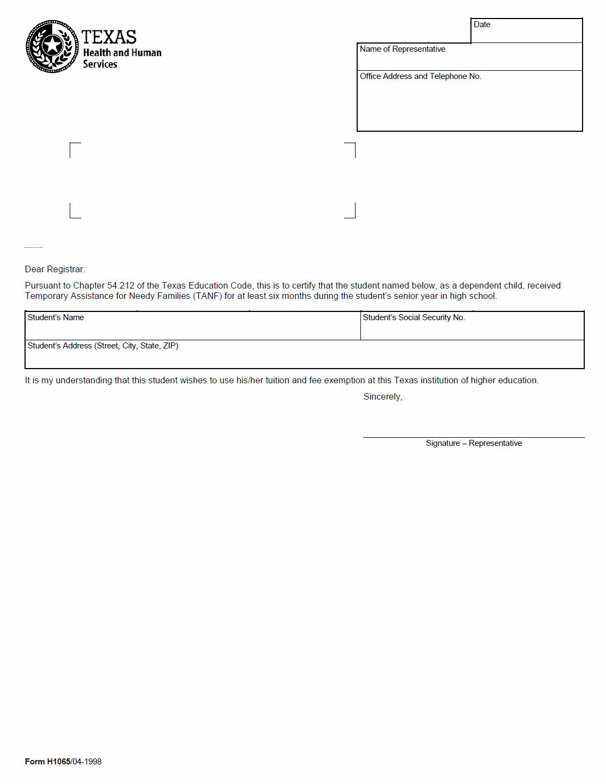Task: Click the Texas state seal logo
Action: coord(52,46)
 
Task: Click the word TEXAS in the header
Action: coord(109,37)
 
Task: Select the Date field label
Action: coord(482,24)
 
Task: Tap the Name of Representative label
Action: coord(402,49)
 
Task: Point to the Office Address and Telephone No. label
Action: coord(420,76)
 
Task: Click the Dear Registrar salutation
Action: coord(55,269)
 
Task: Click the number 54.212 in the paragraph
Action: coord(121,285)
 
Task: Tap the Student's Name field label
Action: coord(56,317)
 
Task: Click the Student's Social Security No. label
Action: coord(414,317)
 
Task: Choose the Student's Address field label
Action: coord(103,346)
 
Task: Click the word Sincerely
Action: coord(383,397)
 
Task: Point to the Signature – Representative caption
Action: coord(474,443)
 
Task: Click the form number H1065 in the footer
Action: coord(58,762)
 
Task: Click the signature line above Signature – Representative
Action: coord(474,437)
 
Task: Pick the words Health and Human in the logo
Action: coord(123,53)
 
